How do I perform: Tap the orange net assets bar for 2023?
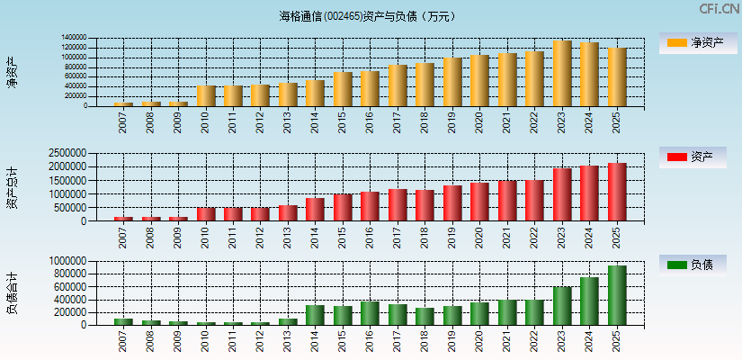coord(562,74)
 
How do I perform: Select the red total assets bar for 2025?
coord(617,192)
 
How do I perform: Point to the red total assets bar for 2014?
coord(315,210)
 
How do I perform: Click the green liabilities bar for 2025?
coord(617,295)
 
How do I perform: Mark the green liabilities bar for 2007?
coord(123,321)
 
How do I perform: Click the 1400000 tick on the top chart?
coord(74,39)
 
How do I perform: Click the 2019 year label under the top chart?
coord(452,121)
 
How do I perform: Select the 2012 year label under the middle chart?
coord(261,237)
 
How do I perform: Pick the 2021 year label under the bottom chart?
coord(507,341)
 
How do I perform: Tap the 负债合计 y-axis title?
coord(13,292)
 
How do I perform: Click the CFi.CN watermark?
coord(719,9)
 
